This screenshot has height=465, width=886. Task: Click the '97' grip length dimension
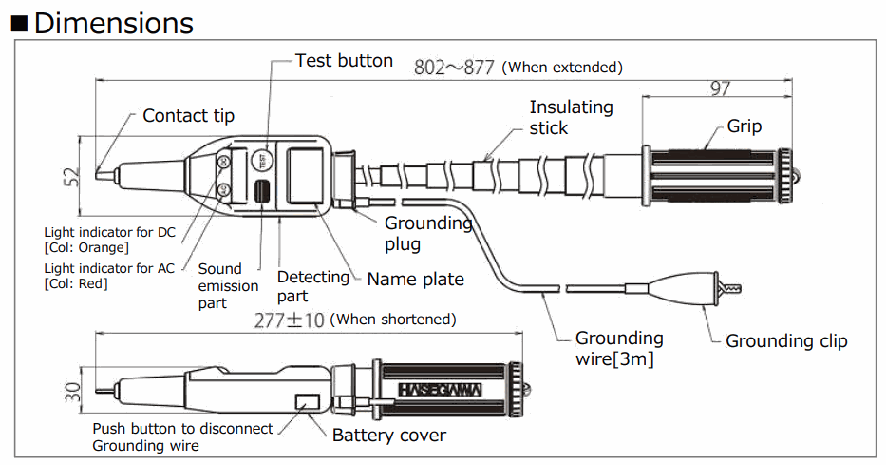pos(720,89)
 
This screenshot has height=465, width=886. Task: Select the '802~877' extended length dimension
pos(455,68)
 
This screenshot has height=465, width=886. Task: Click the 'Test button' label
pos(343,61)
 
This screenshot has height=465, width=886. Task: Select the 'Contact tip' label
pos(188,116)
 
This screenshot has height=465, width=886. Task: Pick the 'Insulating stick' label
pos(571,117)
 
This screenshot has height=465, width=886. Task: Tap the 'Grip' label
pos(745,126)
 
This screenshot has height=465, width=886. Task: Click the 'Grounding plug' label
pos(428,233)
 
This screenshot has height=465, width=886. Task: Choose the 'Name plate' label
pos(415,280)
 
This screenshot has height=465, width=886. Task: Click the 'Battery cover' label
pos(389,436)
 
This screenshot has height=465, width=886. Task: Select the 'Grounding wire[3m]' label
pos(620,348)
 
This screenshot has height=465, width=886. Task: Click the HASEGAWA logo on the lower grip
pos(440,391)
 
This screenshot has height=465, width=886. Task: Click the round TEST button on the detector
pos(263,161)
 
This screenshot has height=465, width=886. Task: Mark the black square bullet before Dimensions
pos(19,23)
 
